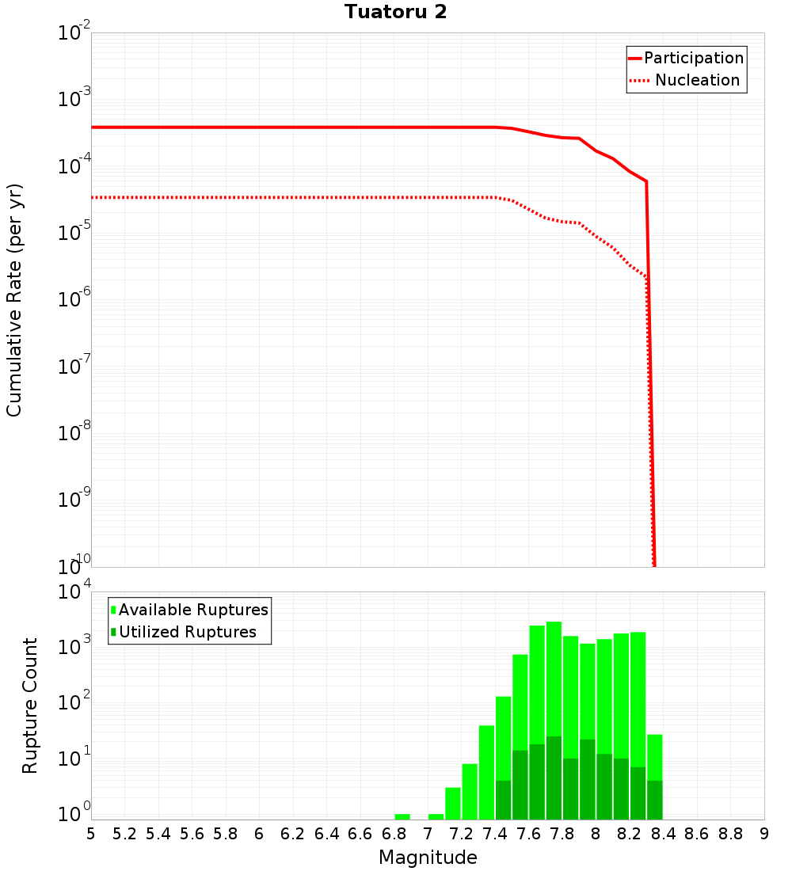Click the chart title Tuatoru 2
395,12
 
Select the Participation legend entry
693,58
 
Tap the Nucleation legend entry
697,80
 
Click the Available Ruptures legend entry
193,610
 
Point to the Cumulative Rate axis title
14,299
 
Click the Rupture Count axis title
30,706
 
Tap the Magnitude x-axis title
428,858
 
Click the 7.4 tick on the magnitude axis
495,834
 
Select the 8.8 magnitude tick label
731,834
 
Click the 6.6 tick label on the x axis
360,834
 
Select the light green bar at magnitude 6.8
402,816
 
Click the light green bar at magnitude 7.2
470,791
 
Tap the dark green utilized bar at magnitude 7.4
503,800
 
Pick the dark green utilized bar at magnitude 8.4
654,800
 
